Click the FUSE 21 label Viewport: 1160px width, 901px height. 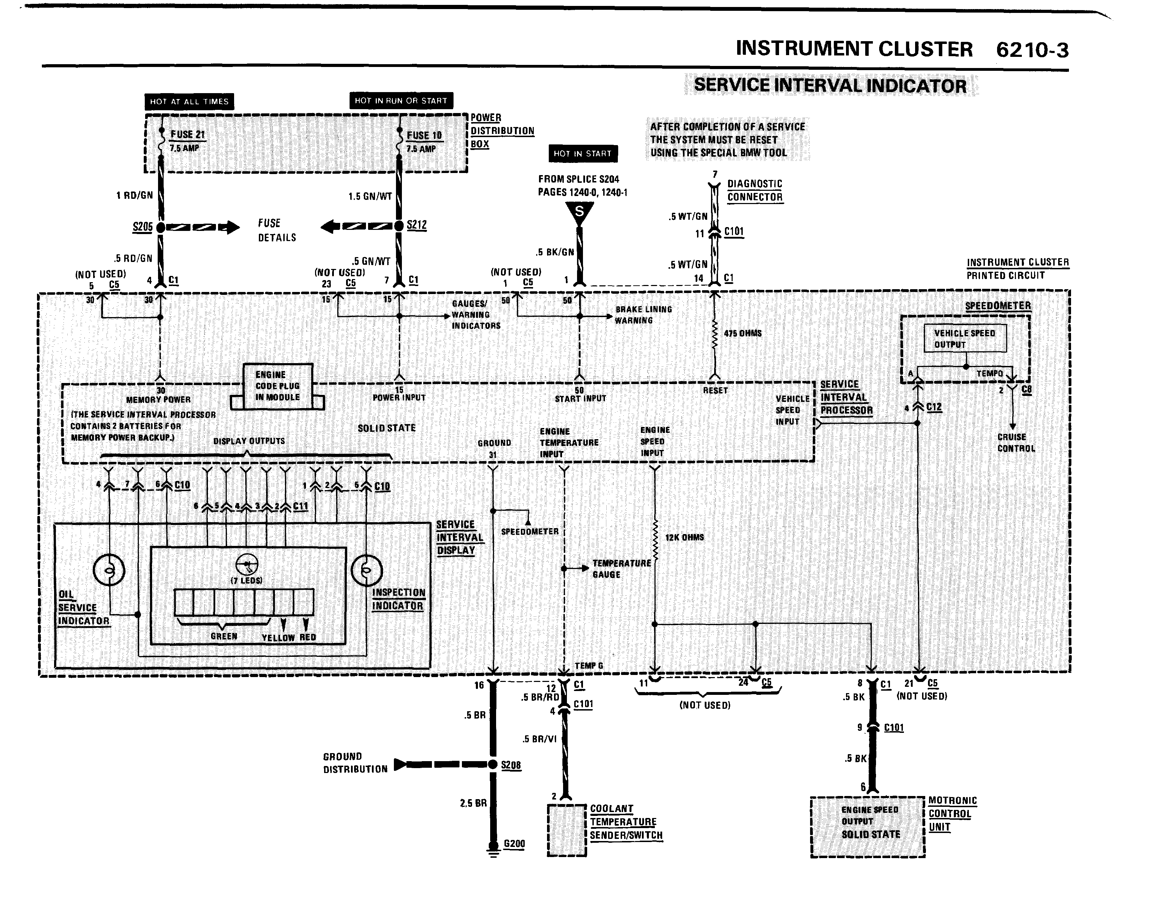pyautogui.click(x=187, y=135)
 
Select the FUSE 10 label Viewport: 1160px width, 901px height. pyautogui.click(x=424, y=136)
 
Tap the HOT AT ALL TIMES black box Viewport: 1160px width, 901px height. pyautogui.click(x=189, y=102)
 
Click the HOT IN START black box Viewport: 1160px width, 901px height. pyautogui.click(x=583, y=153)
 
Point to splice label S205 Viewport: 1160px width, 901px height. pyautogui.click(x=142, y=227)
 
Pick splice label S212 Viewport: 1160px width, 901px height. pyautogui.click(x=417, y=225)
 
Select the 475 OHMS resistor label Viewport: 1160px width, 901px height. pyautogui.click(x=742, y=333)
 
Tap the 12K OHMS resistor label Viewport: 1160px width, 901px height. pyautogui.click(x=684, y=537)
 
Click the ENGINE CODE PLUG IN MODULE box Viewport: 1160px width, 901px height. pyautogui.click(x=277, y=386)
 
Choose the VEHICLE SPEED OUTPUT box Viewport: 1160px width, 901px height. pyautogui.click(x=965, y=339)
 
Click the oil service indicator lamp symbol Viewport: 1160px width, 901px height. pyautogui.click(x=109, y=570)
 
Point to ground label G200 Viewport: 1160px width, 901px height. pyautogui.click(x=514, y=844)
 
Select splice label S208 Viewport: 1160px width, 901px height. pyautogui.click(x=511, y=765)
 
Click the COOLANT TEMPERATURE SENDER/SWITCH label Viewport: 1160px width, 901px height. pyautogui.click(x=626, y=822)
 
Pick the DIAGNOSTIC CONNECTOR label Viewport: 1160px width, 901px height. pyautogui.click(x=754, y=190)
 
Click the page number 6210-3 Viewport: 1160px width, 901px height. pyautogui.click(x=1032, y=50)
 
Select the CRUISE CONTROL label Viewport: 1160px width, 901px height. pyautogui.click(x=1016, y=443)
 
